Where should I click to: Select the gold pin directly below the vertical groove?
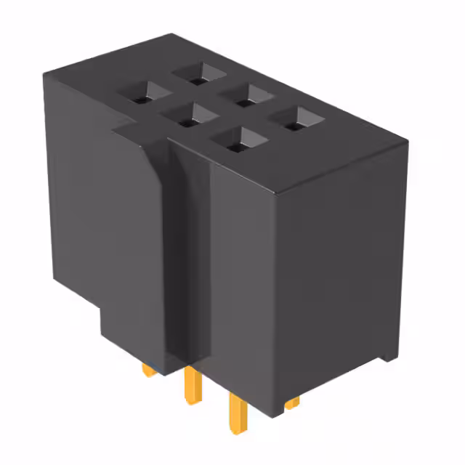click(x=192, y=383)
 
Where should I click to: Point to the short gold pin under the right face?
click(x=292, y=402)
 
